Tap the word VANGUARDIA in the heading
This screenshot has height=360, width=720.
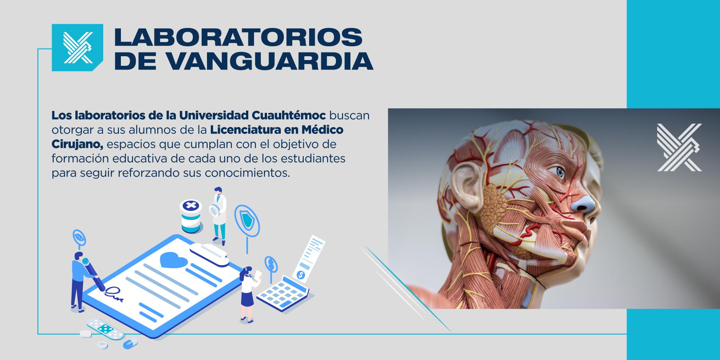point(270,61)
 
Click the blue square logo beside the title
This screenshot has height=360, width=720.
point(77,47)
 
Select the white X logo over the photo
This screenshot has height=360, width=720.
point(679,147)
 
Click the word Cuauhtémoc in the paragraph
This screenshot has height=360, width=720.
point(289,115)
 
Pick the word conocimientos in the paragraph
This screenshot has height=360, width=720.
point(247,173)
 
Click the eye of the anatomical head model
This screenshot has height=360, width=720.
point(559,172)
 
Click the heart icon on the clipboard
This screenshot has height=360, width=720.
point(173,260)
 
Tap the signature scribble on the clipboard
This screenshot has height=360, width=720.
point(114,294)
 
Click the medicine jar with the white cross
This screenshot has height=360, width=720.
point(191,216)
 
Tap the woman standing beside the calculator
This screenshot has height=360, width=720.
point(248,294)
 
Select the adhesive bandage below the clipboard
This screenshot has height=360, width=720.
point(105,329)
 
